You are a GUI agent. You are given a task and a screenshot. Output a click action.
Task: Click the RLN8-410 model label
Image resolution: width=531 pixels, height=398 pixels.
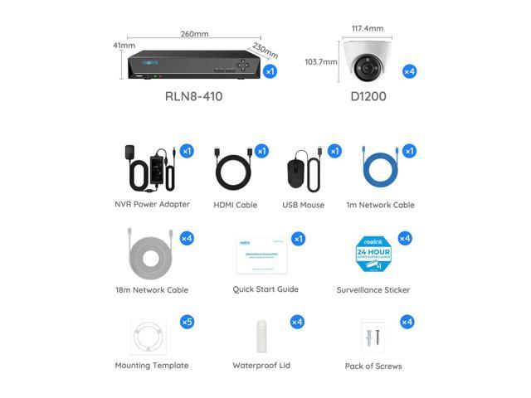(x=194, y=96)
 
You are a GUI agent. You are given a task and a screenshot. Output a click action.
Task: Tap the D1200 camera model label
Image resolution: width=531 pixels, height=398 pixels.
(x=368, y=96)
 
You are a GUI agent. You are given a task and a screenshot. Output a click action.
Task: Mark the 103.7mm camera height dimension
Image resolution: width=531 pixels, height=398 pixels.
(x=320, y=61)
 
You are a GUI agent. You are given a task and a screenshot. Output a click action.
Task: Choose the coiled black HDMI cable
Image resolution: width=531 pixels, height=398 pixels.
(x=235, y=172)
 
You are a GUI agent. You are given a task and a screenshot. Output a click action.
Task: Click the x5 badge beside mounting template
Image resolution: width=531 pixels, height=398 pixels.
(x=187, y=322)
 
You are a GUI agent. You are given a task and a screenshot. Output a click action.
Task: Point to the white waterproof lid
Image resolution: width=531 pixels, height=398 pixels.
(x=261, y=337)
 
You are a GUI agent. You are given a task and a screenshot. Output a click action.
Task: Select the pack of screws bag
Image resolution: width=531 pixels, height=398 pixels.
(x=373, y=337)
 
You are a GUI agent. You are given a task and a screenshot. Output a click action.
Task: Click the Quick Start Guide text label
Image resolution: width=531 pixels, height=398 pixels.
(x=265, y=289)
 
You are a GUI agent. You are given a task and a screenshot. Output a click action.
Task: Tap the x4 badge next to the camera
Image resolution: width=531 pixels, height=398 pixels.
(x=409, y=71)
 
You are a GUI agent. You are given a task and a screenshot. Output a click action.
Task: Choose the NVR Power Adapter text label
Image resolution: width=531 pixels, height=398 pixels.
(x=152, y=205)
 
